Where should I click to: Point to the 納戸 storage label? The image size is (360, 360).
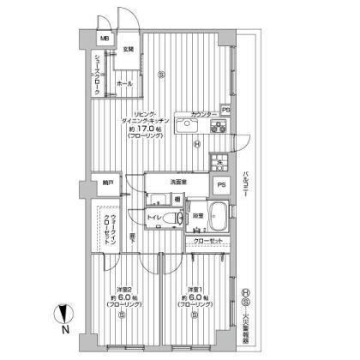[x=107, y=183]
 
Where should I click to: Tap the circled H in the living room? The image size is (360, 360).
[x=198, y=143]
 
